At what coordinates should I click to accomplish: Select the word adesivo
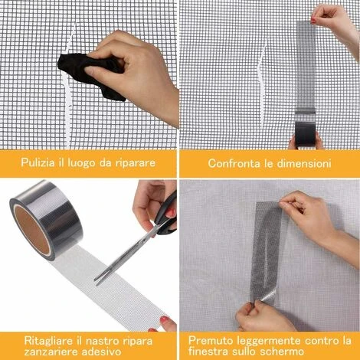click(101, 352)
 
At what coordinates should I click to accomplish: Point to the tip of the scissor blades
click(95, 280)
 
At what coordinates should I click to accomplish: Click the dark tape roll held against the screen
click(306, 134)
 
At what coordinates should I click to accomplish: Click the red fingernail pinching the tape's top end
click(313, 21)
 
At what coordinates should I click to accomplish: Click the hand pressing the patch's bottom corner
click(263, 316)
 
